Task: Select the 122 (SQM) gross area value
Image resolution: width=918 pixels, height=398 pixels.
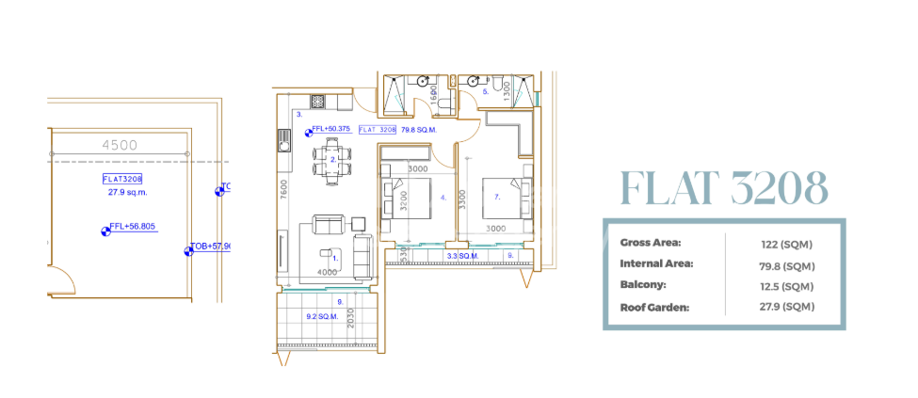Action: [786, 245]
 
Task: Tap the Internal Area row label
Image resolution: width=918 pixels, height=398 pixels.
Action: [656, 264]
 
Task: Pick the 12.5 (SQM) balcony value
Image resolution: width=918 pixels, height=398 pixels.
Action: [785, 286]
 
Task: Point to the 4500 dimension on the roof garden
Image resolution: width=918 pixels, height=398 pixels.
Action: [120, 145]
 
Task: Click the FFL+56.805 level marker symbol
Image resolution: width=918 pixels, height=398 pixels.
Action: [105, 229]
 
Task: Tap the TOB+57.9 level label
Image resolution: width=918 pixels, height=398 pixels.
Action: [211, 247]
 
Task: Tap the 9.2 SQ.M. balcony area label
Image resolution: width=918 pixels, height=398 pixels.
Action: [323, 317]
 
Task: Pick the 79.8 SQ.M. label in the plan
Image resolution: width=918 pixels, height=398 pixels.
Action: [419, 130]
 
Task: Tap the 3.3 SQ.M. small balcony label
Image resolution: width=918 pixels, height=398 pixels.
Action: [461, 256]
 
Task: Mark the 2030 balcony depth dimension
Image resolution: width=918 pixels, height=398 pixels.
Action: [352, 319]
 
